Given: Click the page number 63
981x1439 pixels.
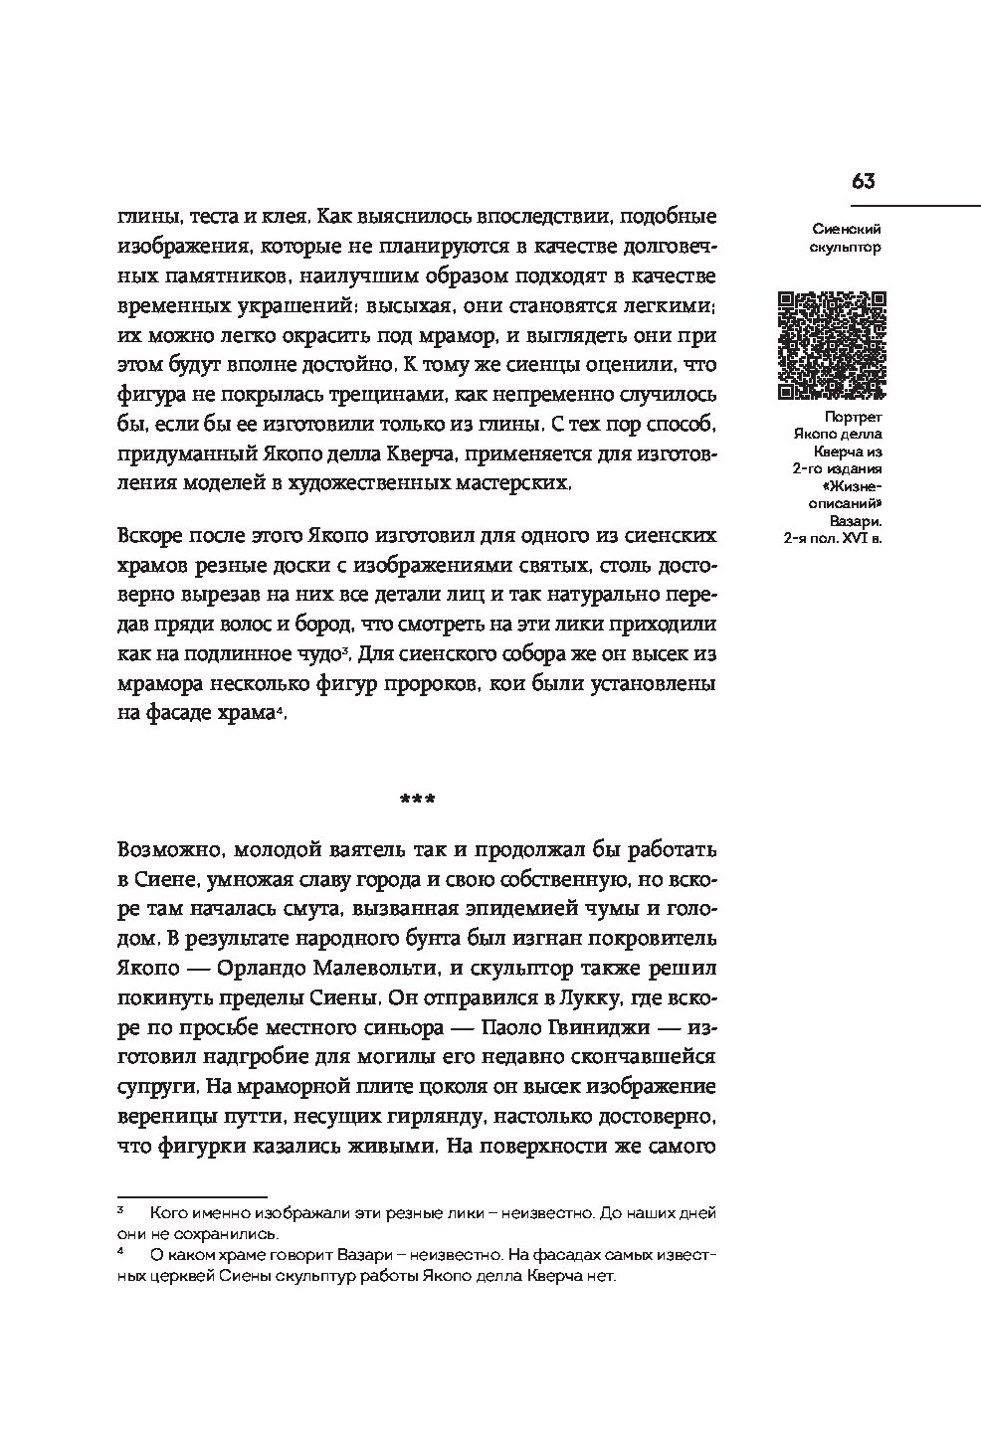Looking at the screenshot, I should [x=863, y=181].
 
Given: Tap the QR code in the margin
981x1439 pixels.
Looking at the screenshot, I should [x=830, y=343].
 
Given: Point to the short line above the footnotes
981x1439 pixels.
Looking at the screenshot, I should [x=192, y=1197].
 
